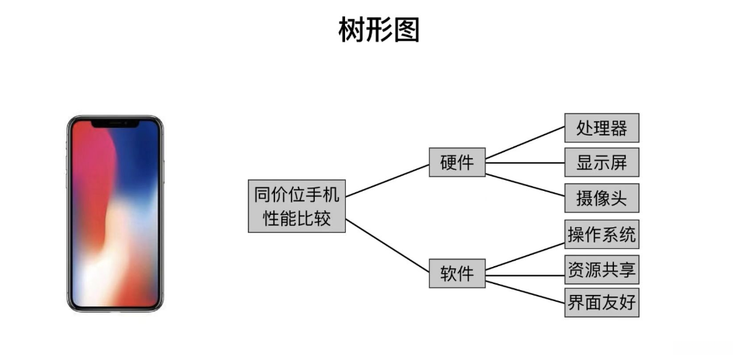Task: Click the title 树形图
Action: coord(379,31)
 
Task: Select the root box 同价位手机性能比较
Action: coord(296,206)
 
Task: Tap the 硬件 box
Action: coord(457,163)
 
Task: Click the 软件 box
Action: coord(457,273)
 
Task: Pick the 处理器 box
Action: coord(601,128)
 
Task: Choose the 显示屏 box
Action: coord(601,163)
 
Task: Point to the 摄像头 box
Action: coord(601,198)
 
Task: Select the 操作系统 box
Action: coord(601,235)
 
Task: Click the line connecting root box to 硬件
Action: coord(387,180)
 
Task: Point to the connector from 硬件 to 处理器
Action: coord(524,143)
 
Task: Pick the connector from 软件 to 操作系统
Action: coord(524,256)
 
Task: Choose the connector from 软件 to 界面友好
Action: coord(524,290)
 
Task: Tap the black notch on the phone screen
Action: coord(115,124)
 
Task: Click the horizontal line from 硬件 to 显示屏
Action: coord(524,163)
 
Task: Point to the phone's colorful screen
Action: coord(115,219)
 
